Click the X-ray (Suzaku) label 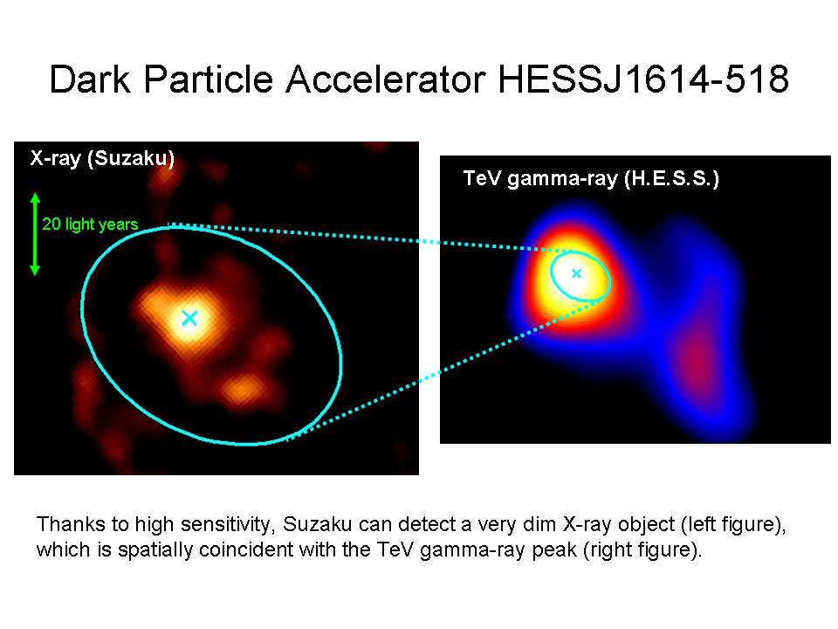point(103,158)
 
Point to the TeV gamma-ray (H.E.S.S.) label point(590,179)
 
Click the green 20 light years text point(90,225)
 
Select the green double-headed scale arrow point(35,234)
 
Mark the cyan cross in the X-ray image point(189,318)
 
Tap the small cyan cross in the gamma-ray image point(576,273)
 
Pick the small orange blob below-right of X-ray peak point(242,387)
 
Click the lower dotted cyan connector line point(445,368)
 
